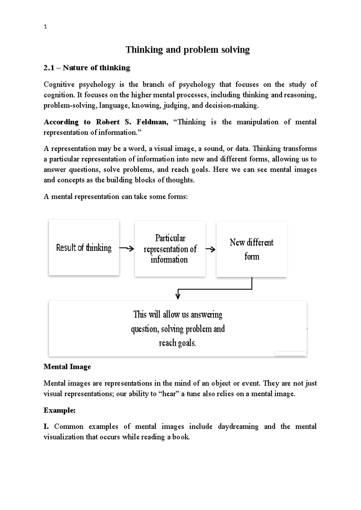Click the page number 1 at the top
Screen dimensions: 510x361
[45, 27]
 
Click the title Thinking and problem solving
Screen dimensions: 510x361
[187, 50]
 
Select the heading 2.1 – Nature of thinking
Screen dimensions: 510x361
[87, 68]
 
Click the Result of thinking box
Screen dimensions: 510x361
[84, 248]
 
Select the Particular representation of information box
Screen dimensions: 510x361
[170, 249]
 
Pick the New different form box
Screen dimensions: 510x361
[251, 249]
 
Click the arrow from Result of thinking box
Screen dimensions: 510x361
[126, 248]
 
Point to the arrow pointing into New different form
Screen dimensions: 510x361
[211, 249]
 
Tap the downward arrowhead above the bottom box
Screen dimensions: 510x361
[178, 296]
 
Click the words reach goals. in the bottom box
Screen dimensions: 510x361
[177, 343]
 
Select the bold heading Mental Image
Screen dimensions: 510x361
[67, 367]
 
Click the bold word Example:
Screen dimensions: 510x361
[59, 410]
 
